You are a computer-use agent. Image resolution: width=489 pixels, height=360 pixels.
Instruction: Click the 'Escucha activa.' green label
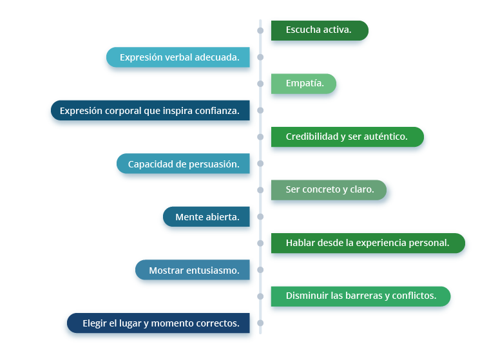point(320,30)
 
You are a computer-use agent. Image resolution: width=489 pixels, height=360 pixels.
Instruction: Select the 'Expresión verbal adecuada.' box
point(178,57)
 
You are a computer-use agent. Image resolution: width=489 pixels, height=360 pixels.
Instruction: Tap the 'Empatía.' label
point(303,84)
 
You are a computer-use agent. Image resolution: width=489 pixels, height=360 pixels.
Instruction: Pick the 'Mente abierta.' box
point(206,216)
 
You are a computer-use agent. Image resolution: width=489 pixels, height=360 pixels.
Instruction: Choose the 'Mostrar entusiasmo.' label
point(193,270)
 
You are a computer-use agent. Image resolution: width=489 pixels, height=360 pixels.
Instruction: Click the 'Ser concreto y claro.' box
point(329,190)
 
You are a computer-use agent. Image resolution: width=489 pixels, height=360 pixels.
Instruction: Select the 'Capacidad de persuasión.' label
point(183,164)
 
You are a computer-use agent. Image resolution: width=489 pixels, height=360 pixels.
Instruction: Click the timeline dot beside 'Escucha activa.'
point(260,30)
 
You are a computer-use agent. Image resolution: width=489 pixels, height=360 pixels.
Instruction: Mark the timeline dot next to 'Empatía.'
point(260,84)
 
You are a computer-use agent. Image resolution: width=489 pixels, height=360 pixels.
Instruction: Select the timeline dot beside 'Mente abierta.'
point(260,216)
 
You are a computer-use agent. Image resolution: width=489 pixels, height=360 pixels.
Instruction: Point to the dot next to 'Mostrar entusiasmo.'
point(260,270)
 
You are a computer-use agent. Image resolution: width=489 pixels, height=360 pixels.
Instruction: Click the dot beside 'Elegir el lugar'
point(260,323)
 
